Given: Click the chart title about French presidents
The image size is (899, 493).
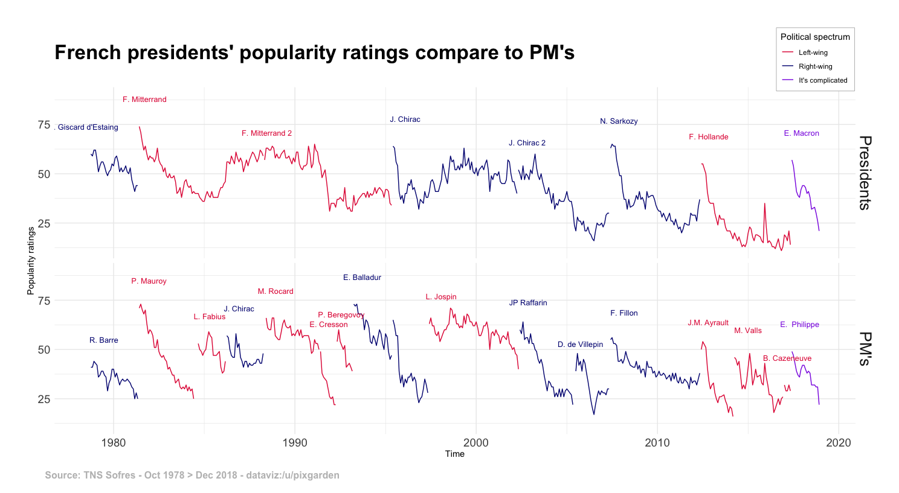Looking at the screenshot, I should click(x=314, y=53).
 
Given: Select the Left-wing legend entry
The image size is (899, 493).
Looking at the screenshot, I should click(x=813, y=52).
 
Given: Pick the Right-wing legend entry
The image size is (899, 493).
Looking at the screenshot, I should click(x=815, y=66).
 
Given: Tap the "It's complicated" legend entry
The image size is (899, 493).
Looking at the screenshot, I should click(x=822, y=80).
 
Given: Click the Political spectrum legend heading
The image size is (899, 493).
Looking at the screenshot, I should click(x=815, y=37).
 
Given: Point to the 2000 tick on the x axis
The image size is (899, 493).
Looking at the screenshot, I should click(x=476, y=442).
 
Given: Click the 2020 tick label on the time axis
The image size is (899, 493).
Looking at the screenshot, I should click(x=839, y=442).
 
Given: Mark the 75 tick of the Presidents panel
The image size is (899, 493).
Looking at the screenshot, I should click(x=44, y=125).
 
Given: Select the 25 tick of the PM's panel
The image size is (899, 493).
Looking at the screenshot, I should click(x=44, y=399).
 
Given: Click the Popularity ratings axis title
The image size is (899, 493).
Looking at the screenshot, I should click(x=31, y=261).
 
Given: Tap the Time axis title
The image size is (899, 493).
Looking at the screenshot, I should click(x=455, y=454).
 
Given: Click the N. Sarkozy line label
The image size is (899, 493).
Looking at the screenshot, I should click(x=619, y=121).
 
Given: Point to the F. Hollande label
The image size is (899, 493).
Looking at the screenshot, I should click(x=708, y=137).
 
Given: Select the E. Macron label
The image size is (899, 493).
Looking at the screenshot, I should click(x=801, y=133).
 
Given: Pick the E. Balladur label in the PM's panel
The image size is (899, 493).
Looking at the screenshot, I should click(x=362, y=278).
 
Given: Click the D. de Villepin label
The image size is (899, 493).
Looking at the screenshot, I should click(x=580, y=345).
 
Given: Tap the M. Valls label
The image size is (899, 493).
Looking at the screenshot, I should click(x=748, y=331).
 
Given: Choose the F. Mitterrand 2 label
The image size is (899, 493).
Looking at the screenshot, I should click(x=266, y=133).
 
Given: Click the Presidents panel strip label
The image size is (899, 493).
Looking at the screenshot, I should click(x=865, y=173).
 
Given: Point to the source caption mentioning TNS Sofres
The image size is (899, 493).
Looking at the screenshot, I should click(x=192, y=475).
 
